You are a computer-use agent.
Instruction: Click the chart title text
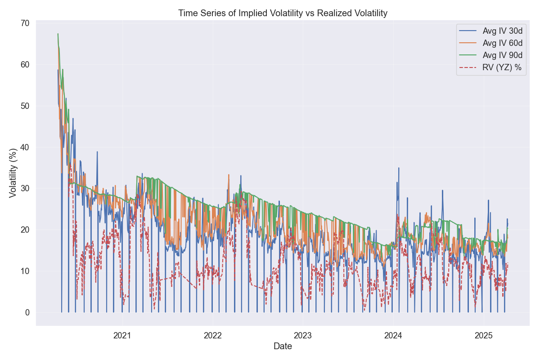tap(283, 13)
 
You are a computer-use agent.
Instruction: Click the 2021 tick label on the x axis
tap(122, 336)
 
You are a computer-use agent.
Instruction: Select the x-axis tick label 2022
tap(212, 336)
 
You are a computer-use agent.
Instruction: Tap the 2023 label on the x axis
tap(303, 336)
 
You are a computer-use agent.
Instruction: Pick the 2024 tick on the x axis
tap(393, 336)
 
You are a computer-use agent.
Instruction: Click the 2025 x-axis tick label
tap(484, 336)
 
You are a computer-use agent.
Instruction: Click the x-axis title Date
tap(283, 346)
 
